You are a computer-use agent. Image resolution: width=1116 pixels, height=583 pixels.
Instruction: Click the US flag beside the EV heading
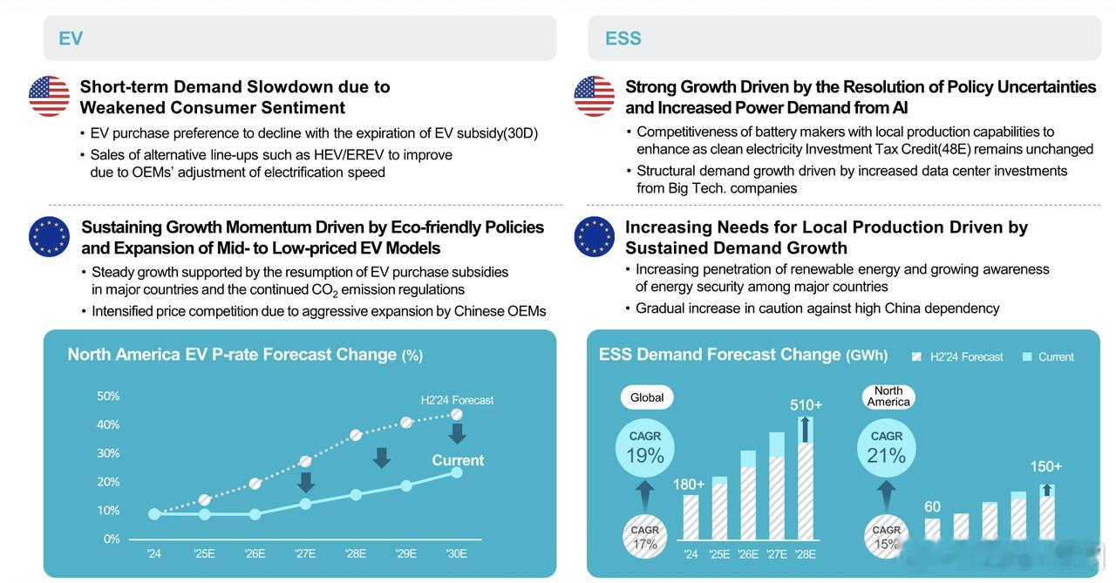tap(49, 96)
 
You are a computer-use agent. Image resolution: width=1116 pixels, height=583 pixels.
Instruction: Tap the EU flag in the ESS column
tap(595, 236)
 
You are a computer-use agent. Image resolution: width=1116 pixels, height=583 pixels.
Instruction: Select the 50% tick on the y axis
tap(108, 396)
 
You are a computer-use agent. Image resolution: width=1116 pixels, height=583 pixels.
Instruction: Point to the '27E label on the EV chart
tap(305, 553)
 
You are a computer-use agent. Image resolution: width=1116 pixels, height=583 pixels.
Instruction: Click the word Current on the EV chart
tap(458, 460)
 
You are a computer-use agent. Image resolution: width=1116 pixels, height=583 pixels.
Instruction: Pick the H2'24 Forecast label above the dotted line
tap(457, 400)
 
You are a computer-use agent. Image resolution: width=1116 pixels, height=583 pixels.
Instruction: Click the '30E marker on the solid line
tap(457, 472)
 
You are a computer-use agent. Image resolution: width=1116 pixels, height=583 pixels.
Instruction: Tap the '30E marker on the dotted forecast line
tap(457, 415)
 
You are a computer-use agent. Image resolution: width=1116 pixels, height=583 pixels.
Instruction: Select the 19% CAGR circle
tap(645, 449)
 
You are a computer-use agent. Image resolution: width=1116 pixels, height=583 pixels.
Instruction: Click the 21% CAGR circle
tap(887, 449)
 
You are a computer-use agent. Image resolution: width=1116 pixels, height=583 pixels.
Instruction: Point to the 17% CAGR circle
tap(645, 537)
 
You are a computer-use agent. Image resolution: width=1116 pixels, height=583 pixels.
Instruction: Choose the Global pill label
tap(647, 397)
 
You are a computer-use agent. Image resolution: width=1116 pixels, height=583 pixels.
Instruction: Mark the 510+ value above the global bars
tap(806, 405)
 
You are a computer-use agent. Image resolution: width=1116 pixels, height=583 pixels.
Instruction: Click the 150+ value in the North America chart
tap(1046, 467)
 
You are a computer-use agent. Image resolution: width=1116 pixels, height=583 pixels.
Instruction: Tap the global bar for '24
tap(691, 518)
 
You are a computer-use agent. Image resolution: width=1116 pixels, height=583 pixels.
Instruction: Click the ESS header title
tap(623, 38)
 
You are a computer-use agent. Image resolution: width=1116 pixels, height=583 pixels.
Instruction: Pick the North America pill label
tap(888, 397)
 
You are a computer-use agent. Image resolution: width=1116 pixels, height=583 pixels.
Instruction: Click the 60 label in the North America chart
tap(933, 506)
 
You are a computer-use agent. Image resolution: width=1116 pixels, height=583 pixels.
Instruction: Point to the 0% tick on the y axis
tap(112, 539)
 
